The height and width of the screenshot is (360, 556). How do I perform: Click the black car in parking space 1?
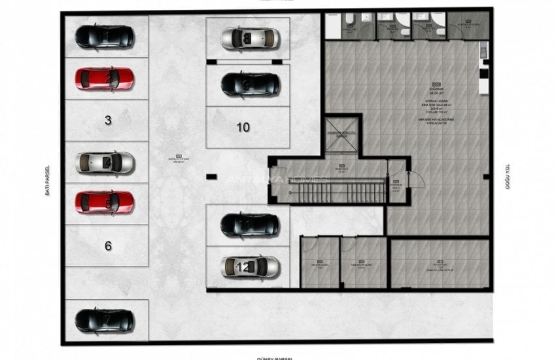point(104,36)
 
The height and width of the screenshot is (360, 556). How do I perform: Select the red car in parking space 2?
point(104,79)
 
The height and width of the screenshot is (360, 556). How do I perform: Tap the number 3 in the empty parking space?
point(108,120)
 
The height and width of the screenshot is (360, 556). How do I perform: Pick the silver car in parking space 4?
point(105,162)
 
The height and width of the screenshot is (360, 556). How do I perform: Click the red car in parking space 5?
point(104,202)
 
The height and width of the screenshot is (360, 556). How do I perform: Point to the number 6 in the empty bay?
point(108,245)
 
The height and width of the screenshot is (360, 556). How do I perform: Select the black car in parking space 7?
point(104,320)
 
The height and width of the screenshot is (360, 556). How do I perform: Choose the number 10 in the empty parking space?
point(243,127)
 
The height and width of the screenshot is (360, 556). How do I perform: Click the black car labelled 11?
point(249,225)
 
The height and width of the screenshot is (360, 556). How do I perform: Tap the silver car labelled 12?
point(250,266)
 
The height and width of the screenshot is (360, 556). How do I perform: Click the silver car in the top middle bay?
point(249,39)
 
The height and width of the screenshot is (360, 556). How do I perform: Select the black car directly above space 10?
point(249,84)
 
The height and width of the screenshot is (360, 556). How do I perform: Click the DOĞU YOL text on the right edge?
point(507,177)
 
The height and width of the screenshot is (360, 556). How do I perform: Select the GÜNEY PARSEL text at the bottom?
point(275,357)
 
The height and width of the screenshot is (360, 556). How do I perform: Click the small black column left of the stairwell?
point(211,176)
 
